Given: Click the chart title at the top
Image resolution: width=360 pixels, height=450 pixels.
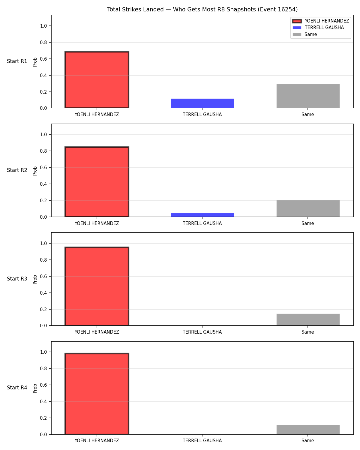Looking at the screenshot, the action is (x=202, y=9).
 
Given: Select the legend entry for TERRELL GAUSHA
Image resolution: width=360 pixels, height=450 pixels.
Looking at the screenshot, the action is (x=324, y=28).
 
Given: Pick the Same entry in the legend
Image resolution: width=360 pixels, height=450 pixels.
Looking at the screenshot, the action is (x=310, y=34).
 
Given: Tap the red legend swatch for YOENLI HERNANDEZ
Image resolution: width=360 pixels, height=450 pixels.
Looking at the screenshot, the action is (x=297, y=21).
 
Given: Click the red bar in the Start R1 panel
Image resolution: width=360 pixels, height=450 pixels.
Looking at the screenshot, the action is (x=97, y=79).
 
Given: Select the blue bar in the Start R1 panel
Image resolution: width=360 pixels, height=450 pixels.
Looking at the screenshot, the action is (x=202, y=103).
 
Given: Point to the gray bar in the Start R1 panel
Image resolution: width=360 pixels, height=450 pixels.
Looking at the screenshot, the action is (x=308, y=96).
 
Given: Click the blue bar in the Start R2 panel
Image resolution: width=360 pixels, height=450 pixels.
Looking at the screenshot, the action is (x=202, y=215).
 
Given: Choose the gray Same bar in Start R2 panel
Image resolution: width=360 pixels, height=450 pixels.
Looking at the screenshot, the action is (x=308, y=208).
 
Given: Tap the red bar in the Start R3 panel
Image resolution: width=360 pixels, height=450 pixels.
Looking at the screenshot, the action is (x=97, y=286).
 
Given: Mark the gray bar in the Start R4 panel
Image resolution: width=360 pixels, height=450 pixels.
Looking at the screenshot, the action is (x=308, y=430).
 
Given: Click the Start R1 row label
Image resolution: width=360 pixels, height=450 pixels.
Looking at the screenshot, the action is (x=17, y=61).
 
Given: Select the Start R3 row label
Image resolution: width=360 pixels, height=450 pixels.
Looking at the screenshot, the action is (x=17, y=279).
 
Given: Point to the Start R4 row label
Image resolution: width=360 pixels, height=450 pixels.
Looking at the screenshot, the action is (x=17, y=388).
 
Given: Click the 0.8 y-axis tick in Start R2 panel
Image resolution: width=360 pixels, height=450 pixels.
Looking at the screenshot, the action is (x=43, y=151).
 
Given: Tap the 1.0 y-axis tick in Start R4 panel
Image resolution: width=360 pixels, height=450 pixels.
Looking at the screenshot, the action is (x=43, y=352).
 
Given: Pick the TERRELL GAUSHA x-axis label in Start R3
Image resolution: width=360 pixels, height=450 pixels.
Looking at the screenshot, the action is (x=202, y=332).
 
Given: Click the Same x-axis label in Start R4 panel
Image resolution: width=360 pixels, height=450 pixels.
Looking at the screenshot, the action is (x=308, y=440).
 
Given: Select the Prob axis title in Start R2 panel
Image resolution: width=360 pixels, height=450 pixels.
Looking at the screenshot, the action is (x=35, y=171).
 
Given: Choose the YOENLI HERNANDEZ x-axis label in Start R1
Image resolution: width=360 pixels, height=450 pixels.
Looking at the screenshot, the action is (x=97, y=114).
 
